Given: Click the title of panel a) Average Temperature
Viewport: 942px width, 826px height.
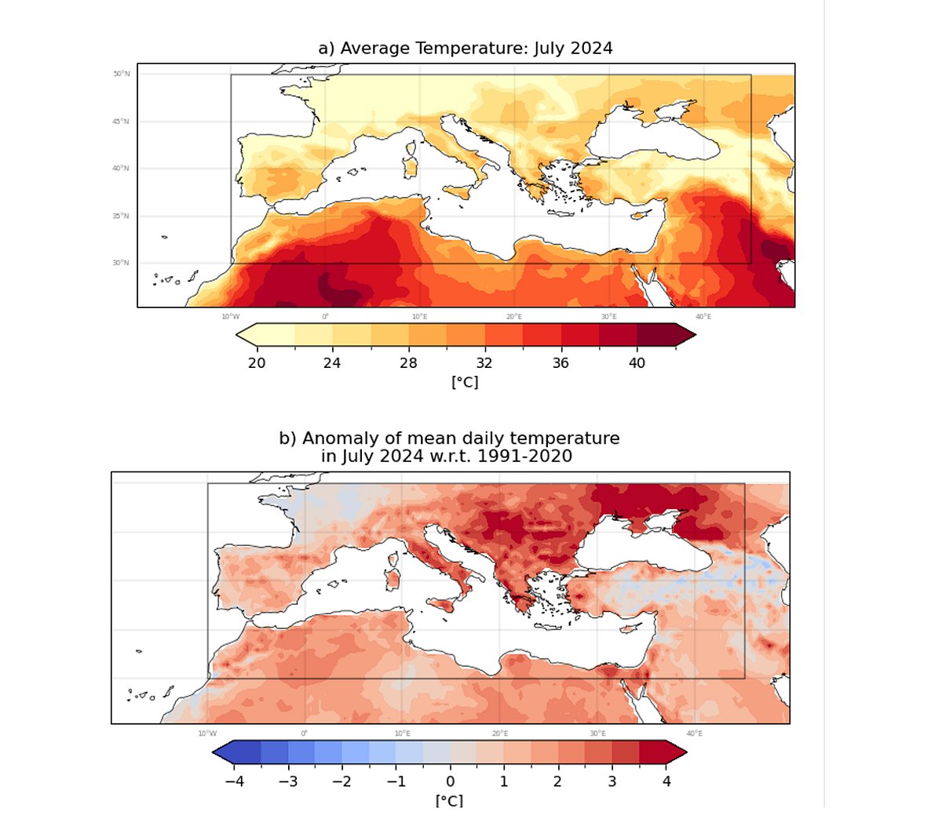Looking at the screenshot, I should [x=465, y=49].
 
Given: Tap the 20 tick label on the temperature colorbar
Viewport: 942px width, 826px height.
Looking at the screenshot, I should [x=257, y=363].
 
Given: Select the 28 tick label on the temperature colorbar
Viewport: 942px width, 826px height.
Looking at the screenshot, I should [x=408, y=363].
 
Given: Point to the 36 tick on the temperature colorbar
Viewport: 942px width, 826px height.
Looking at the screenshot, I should [x=560, y=363].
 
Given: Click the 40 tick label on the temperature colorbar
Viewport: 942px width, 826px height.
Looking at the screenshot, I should [x=637, y=363].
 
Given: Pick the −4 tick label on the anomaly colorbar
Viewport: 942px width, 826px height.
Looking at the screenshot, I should [x=234, y=781].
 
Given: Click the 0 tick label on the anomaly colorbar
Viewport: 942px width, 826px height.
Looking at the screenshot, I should [x=450, y=781].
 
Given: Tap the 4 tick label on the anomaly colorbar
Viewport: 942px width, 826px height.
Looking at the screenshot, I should [x=666, y=781].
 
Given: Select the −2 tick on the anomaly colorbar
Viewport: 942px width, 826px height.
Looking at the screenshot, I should [x=341, y=781].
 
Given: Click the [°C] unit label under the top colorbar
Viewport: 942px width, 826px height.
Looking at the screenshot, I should [x=464, y=382].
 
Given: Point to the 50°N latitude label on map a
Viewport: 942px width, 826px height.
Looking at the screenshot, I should [x=121, y=75].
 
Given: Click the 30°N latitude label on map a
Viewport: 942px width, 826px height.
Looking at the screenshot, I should [x=121, y=263].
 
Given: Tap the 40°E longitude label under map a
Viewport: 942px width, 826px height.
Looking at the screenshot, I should [x=703, y=316].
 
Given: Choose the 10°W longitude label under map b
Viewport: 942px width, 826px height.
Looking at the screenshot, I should [x=207, y=733].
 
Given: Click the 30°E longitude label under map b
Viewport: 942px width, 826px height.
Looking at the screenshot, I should [x=597, y=733].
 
